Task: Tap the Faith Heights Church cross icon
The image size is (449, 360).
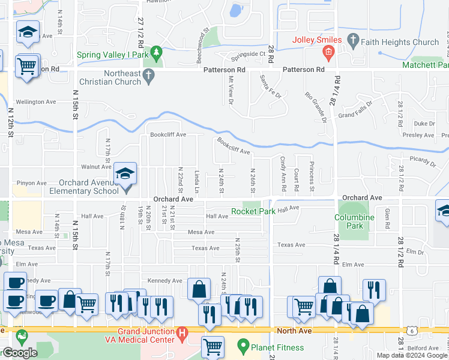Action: [x=353, y=42]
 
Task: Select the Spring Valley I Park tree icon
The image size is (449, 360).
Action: [x=157, y=53]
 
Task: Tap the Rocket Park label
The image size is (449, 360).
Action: [x=254, y=211]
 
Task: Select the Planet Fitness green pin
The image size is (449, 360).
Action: [x=243, y=346]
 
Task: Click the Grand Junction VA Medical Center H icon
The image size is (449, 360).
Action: [x=182, y=332]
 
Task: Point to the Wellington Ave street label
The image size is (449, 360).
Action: [x=36, y=102]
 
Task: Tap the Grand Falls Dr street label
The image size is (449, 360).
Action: [x=355, y=114]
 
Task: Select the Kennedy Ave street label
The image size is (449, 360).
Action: [x=165, y=280]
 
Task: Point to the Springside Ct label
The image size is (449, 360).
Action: [x=249, y=53]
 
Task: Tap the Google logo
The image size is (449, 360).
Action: [x=19, y=353]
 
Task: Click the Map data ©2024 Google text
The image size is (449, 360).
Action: [x=412, y=355]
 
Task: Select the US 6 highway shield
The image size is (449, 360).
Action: [x=412, y=330]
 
